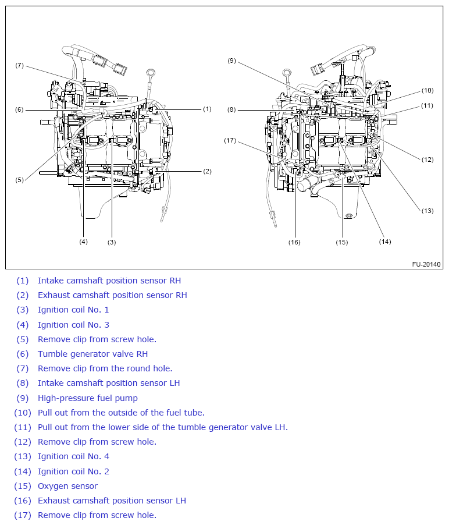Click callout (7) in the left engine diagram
(19, 65)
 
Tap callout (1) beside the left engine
(206, 109)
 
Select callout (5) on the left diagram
(19, 180)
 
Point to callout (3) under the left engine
(111, 242)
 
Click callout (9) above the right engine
(231, 61)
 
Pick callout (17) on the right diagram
(231, 140)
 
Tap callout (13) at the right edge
(427, 211)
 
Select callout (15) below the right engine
(341, 242)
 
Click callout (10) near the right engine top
(427, 90)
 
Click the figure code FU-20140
(427, 264)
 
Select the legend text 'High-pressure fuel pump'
(87, 398)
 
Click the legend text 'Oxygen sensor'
(67, 486)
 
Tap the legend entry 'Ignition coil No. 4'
(73, 456)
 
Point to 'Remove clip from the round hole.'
(105, 368)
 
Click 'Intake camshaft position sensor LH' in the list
(109, 383)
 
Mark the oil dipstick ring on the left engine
(151, 73)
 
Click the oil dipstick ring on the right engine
(286, 73)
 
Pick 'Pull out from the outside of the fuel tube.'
(121, 413)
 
